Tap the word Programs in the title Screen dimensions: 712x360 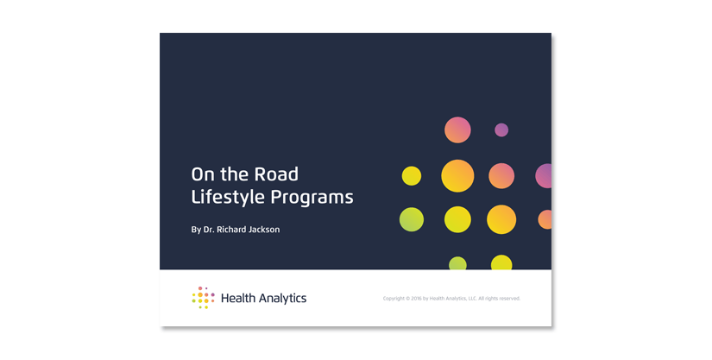tap(312, 198)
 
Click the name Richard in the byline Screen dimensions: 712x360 tap(231, 230)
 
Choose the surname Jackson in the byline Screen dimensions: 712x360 tap(264, 230)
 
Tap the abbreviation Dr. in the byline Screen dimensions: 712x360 tap(209, 230)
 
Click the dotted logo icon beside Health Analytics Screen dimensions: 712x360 tap(204, 298)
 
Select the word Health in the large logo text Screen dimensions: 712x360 tap(238, 298)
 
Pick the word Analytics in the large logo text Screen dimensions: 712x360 tap(282, 299)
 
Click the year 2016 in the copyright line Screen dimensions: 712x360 tap(416, 299)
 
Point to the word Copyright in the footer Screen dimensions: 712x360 tap(394, 299)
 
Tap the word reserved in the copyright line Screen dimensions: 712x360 tap(510, 299)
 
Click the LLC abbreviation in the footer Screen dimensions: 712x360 tap(472, 299)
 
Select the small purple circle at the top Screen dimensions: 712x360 tap(501, 129)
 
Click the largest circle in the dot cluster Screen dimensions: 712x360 tap(457, 176)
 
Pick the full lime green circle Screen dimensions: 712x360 tap(412, 219)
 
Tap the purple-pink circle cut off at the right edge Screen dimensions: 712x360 tap(545, 176)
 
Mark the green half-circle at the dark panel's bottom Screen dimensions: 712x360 tap(457, 264)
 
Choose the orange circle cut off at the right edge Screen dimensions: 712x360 tap(545, 219)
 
